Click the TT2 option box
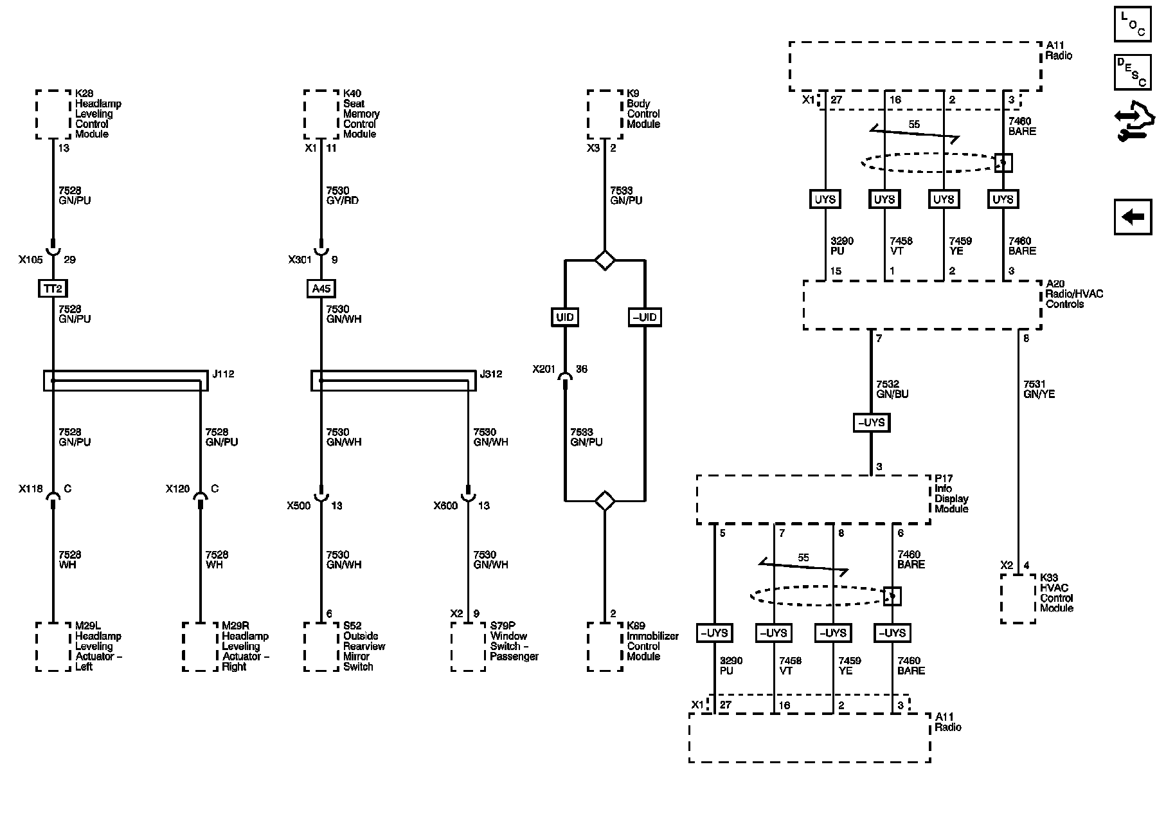tap(53, 289)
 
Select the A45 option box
tap(321, 289)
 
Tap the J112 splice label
tap(223, 374)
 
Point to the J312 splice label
tap(491, 374)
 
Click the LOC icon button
tap(1133, 24)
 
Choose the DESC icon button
tap(1133, 72)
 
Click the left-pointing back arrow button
tap(1133, 217)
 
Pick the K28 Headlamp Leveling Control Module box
tap(53, 114)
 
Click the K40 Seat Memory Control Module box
tap(321, 114)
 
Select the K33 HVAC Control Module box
tap(1018, 599)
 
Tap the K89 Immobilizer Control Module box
tap(605, 646)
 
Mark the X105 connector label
tap(30, 260)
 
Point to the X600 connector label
tap(445, 505)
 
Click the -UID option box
tap(644, 317)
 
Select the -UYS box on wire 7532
tap(871, 422)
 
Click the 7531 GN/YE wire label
tap(1039, 389)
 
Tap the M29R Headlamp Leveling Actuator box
tap(200, 646)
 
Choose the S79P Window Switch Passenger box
tap(468, 646)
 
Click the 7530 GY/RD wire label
tap(342, 195)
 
